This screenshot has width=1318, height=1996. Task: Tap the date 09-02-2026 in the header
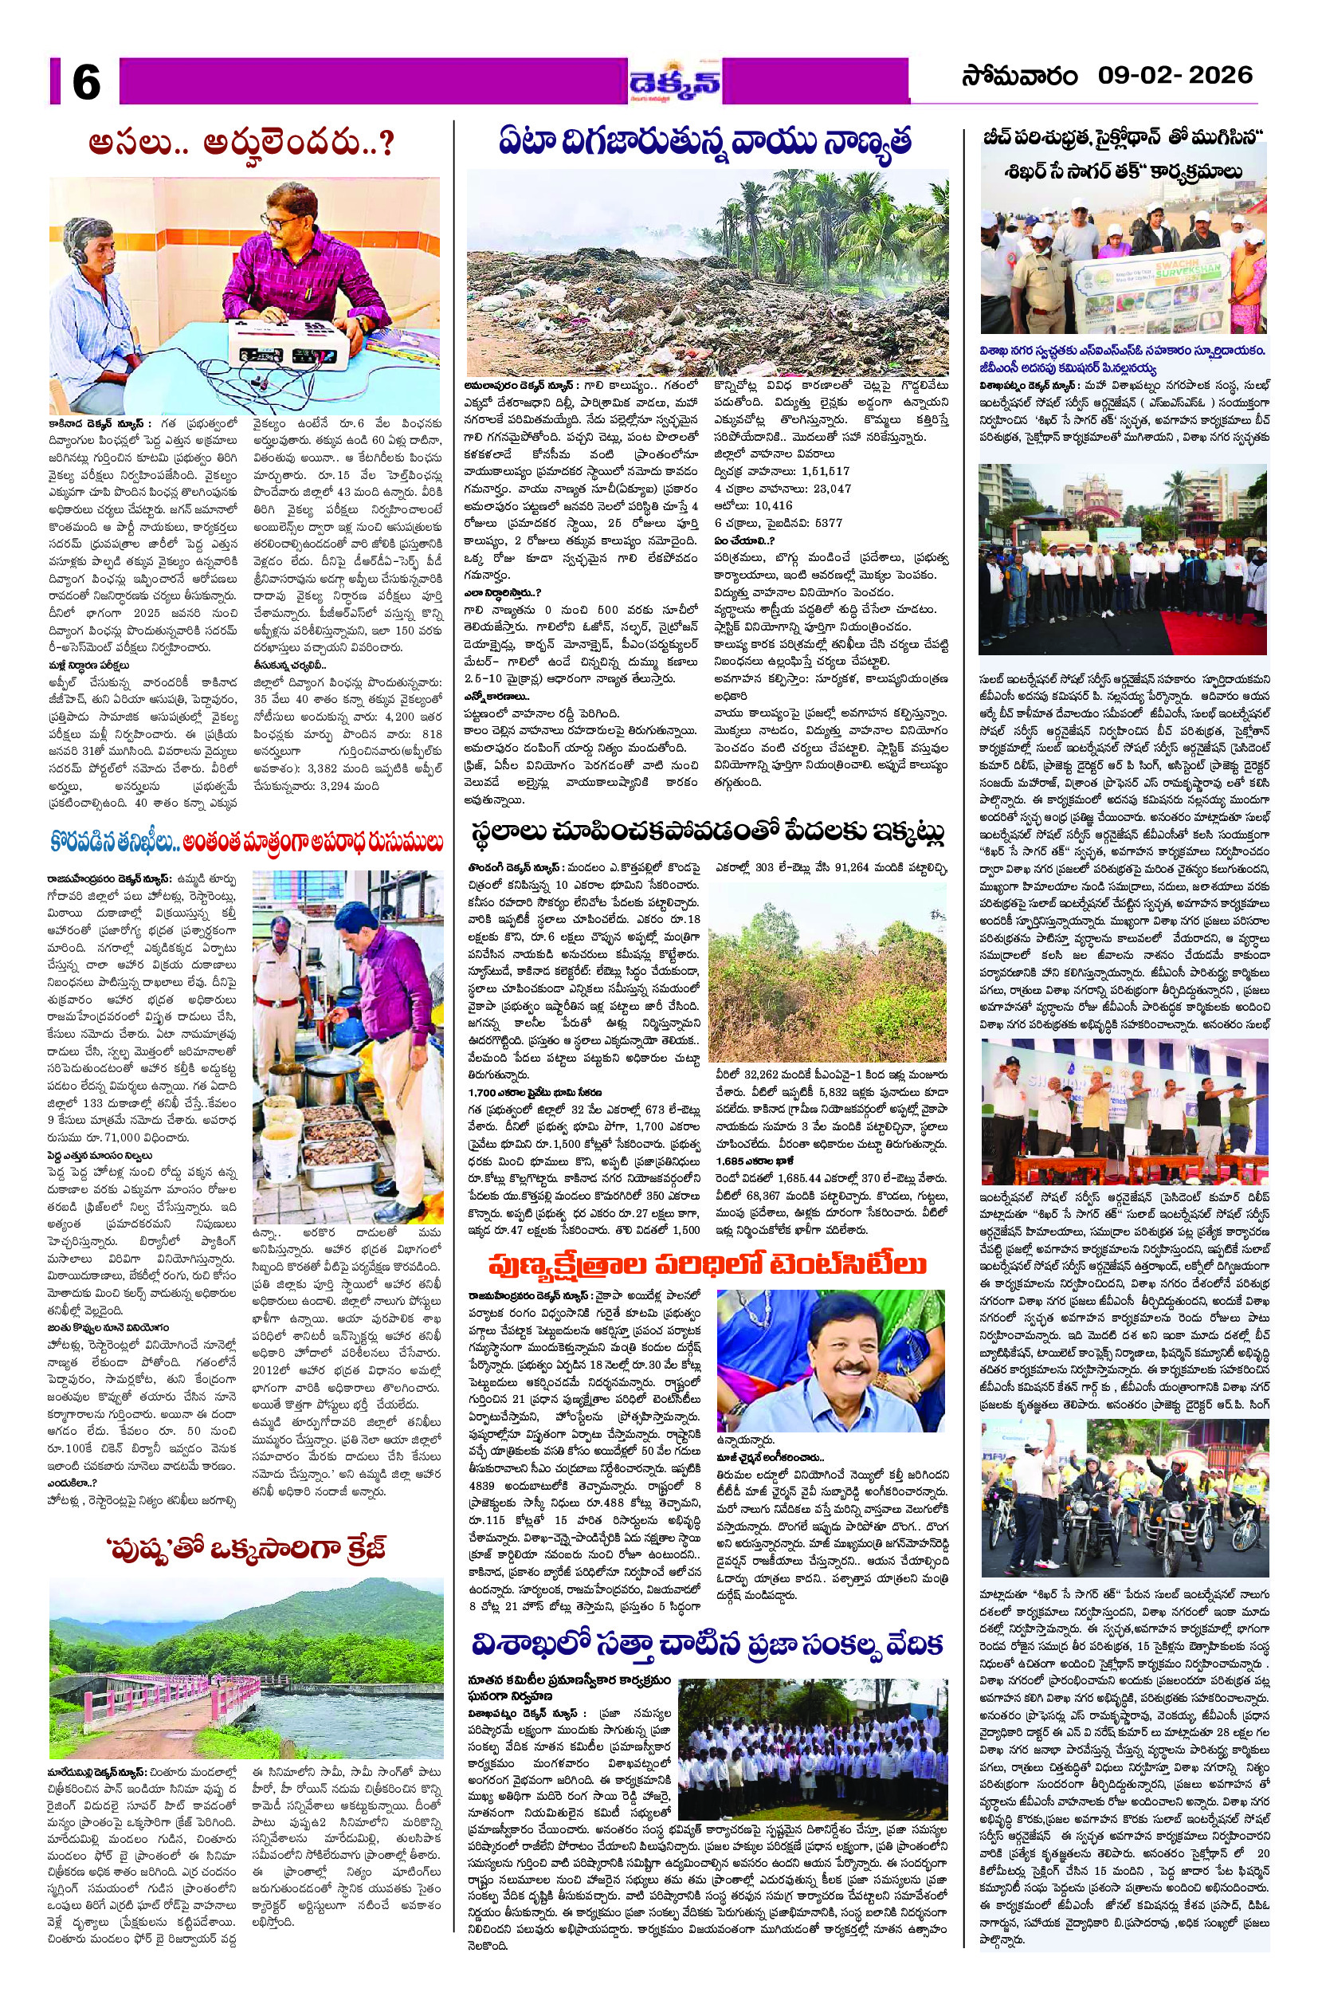click(x=1175, y=75)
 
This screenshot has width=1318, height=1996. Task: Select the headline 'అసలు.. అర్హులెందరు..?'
click(x=242, y=143)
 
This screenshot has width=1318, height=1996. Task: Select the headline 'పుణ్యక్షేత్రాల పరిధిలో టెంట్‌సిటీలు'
click(x=709, y=1264)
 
